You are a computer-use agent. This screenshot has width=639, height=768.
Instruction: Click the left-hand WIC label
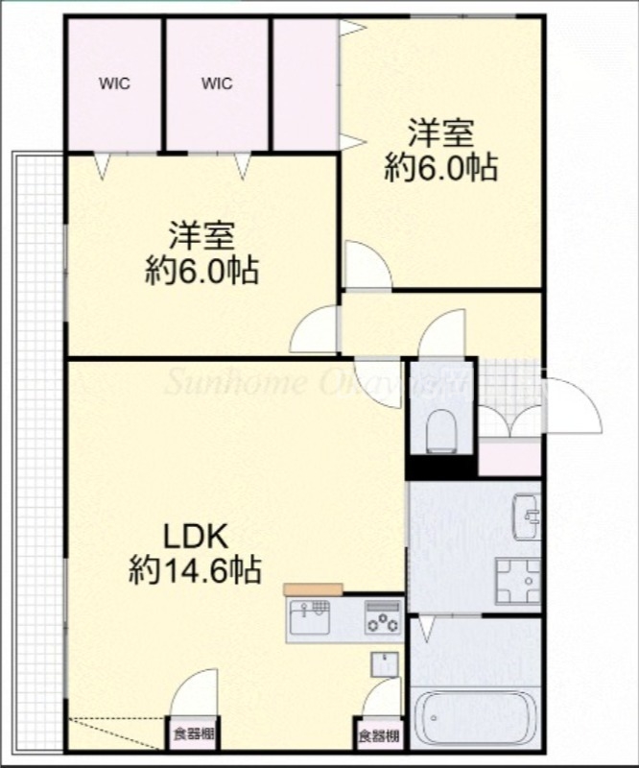click(114, 84)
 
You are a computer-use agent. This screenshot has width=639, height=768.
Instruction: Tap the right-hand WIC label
click(217, 84)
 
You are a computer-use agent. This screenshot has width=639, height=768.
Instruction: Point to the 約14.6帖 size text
click(195, 572)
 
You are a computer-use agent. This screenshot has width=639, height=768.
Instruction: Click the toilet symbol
click(442, 430)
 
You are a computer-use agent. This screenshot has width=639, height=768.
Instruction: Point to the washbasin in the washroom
click(526, 516)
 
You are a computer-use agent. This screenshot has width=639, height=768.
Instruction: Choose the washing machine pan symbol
click(518, 578)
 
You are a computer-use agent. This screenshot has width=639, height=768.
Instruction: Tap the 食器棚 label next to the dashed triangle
click(194, 737)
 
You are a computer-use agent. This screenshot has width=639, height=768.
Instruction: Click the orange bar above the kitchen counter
click(313, 589)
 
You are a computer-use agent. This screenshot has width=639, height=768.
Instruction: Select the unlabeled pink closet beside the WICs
click(304, 84)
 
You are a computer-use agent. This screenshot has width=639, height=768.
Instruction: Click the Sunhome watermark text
click(317, 383)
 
